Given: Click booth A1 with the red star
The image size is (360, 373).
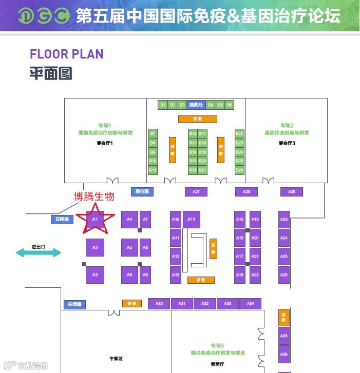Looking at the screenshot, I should coord(95,220).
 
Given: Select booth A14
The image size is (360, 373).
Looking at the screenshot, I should coord(191,220).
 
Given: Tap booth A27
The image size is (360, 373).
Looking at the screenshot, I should coord(196,192).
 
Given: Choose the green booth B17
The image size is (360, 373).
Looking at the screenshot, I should coord(202,133).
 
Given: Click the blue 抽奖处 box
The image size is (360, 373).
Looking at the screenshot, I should coord(196,105).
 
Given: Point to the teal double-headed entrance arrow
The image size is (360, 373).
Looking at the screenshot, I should coord(39,252).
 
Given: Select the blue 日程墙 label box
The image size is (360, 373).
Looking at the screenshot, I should coord(62,220).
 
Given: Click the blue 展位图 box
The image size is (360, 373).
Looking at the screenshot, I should coord(142,191).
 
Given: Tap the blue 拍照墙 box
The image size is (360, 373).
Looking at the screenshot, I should coord(74,304).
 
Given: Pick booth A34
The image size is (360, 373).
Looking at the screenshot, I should coord(250,304).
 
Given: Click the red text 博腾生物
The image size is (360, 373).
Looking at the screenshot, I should coord(93,197).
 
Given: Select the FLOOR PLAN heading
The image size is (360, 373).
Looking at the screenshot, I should coord(66,54).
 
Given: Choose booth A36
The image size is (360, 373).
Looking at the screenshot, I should coord(284,354).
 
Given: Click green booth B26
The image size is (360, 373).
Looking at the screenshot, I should coord(239,170).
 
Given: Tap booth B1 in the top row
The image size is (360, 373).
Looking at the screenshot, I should coord(163,105).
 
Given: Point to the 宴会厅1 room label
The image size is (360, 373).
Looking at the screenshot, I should coord(104,144).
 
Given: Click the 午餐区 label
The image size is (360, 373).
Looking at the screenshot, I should coord(116,359).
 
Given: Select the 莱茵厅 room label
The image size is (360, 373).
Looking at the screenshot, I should coord(217,364).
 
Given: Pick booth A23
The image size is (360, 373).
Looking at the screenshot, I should coord(284,220).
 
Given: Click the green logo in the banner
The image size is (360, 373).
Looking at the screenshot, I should coord(44,16).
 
